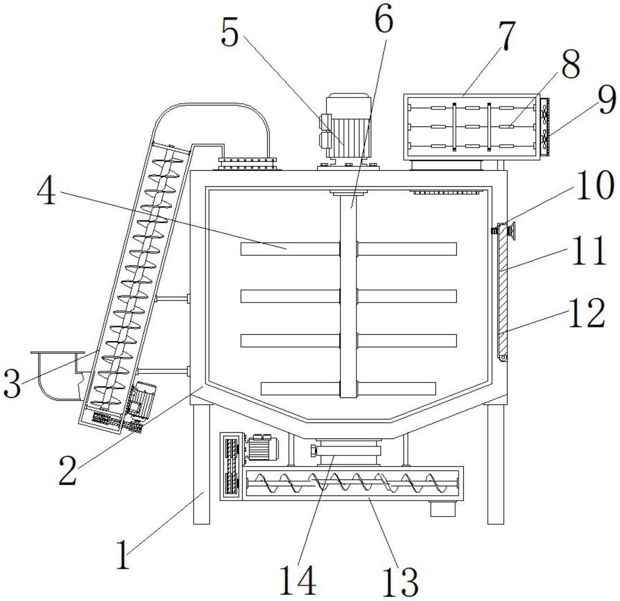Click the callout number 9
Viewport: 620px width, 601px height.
pyautogui.click(x=607, y=101)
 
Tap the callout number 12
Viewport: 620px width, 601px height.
pyautogui.click(x=586, y=313)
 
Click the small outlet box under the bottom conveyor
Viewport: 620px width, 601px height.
pyautogui.click(x=443, y=509)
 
